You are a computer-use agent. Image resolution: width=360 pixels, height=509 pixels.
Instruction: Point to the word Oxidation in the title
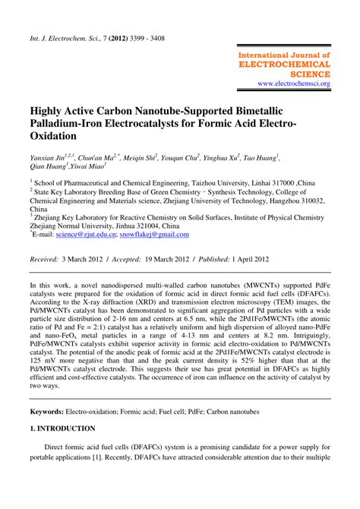tap(54, 137)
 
